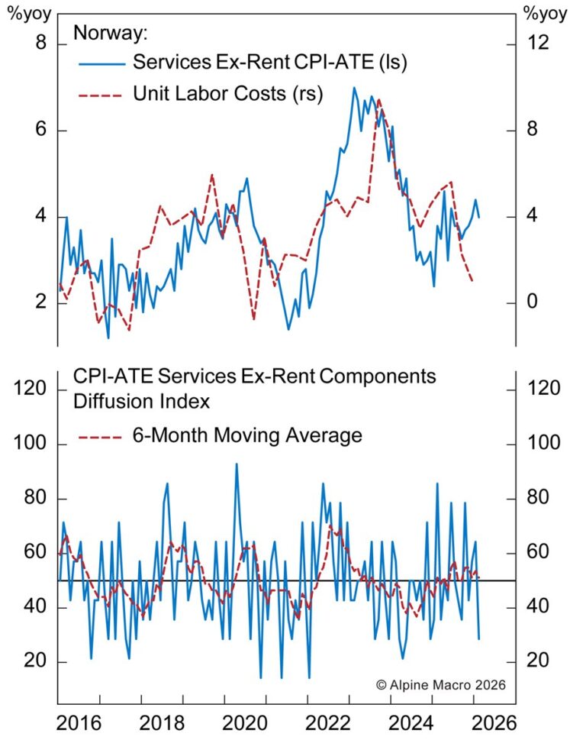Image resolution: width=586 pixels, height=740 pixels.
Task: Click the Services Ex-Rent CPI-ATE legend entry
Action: click(270, 62)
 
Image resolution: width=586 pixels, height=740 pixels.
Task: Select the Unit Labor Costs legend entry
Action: click(228, 94)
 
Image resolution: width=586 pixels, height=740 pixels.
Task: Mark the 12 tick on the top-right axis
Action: click(539, 44)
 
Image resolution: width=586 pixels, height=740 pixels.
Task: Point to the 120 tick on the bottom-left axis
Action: click(33, 389)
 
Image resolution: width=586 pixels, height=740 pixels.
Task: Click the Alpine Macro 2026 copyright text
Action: click(440, 685)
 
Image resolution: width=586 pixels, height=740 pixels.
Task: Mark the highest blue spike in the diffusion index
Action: click(237, 464)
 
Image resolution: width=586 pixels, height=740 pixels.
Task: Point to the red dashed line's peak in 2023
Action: click(378, 100)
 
